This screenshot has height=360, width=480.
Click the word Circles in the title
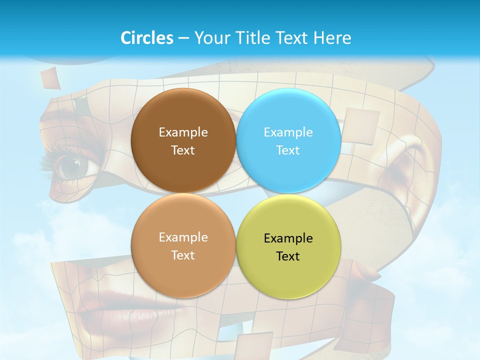click(x=146, y=37)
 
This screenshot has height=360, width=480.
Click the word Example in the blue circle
click(x=288, y=132)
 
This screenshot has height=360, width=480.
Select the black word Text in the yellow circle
click(x=287, y=256)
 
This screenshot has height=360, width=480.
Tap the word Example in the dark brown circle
click(x=183, y=132)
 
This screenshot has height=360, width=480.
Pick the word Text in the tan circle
click(x=183, y=255)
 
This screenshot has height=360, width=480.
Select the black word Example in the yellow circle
click(x=288, y=238)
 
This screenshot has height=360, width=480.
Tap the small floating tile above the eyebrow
click(x=50, y=77)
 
